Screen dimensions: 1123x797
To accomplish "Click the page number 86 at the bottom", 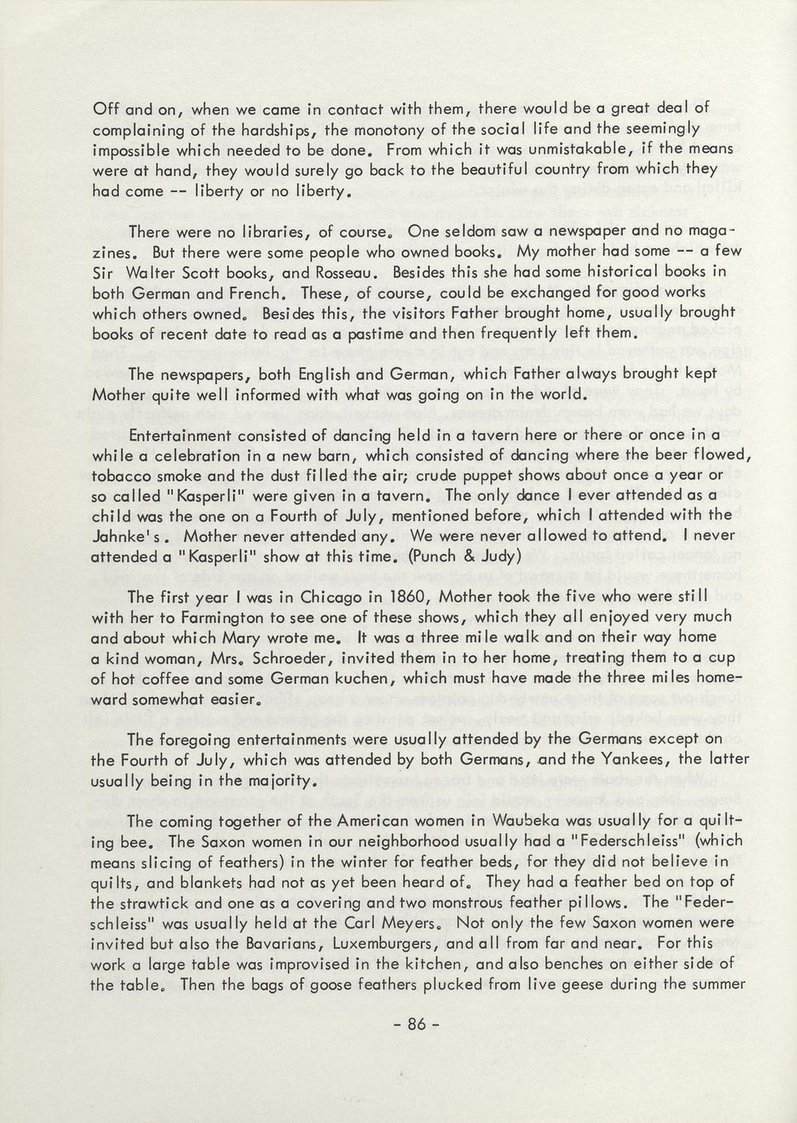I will (x=417, y=1024).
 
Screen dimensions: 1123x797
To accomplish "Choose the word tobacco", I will (x=120, y=475).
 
